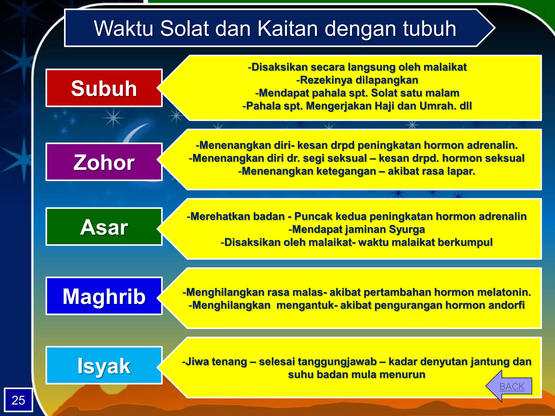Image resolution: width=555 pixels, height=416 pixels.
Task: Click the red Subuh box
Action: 104,88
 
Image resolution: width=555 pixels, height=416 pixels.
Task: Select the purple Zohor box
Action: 104,162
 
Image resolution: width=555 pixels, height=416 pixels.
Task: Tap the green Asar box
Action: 104,227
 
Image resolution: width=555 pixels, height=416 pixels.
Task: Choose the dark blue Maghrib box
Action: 104,296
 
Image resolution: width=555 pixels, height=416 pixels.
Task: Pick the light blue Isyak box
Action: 104,365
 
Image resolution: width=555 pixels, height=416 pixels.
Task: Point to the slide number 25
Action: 18,400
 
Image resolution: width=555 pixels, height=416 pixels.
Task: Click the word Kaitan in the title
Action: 288,28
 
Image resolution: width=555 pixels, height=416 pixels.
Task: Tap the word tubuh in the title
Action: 430,28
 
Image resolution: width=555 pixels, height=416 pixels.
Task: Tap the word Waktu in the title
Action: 124,28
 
